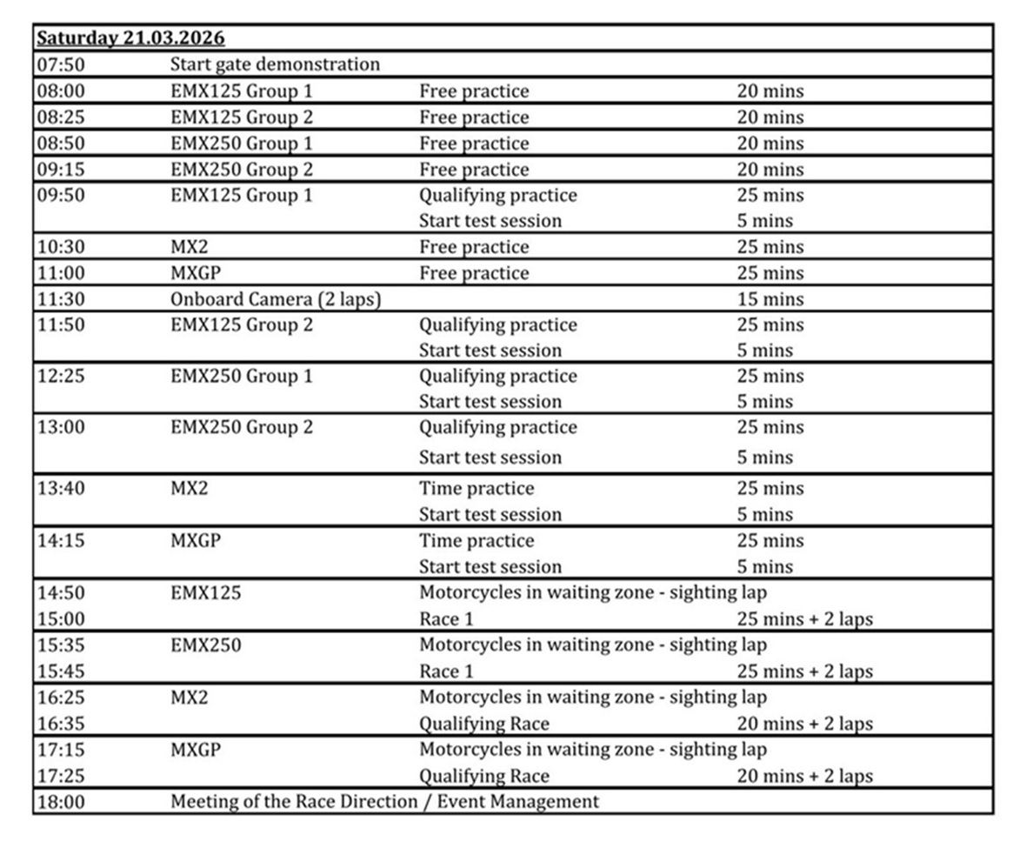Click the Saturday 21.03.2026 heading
[130, 38]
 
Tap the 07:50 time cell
[60, 64]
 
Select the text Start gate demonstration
[275, 64]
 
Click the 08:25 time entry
[60, 117]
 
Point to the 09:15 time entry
[60, 170]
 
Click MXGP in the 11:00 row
[196, 273]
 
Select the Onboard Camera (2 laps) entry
[276, 299]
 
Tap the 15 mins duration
[770, 299]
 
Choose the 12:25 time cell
[60, 377]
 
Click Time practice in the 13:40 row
[477, 489]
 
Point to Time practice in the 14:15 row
[477, 541]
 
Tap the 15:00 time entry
[60, 619]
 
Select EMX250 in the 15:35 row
[206, 645]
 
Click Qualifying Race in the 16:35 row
[484, 724]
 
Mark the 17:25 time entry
[60, 776]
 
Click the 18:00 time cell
[60, 802]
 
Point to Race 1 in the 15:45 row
[446, 671]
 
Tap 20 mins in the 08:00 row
[770, 91]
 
